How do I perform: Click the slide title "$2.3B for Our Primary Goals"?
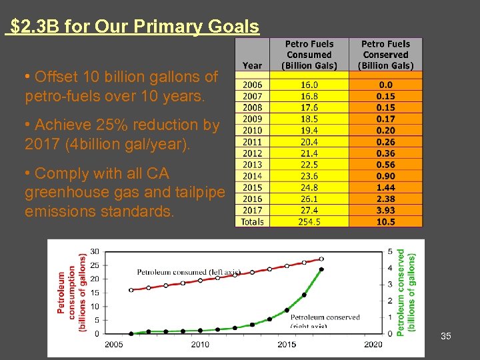pos(134,27)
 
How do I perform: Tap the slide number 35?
pos(446,337)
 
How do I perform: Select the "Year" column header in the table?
pos(252,65)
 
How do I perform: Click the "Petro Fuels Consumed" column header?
pos(309,55)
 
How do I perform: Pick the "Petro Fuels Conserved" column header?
pos(385,55)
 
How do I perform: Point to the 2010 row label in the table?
pos(252,131)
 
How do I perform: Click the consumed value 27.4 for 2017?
pos(309,210)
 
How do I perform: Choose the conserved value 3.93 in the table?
pos(385,210)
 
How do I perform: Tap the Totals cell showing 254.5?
pos(309,221)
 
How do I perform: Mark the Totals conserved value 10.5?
pos(385,221)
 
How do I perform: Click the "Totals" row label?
pos(252,221)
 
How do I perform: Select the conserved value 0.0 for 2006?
pos(385,85)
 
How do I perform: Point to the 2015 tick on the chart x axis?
pos(287,344)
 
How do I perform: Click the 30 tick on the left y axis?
pos(95,251)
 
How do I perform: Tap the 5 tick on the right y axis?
pos(389,251)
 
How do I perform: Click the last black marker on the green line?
pos(321,269)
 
